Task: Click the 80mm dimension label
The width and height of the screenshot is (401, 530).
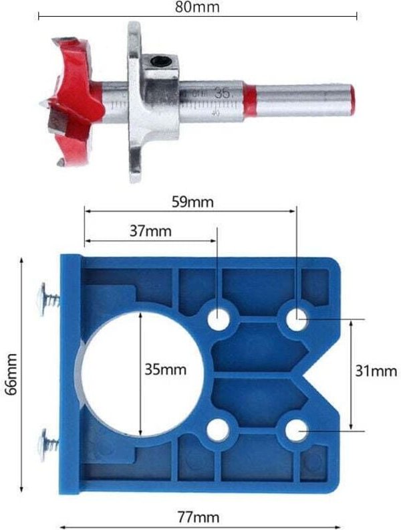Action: pos(200,7)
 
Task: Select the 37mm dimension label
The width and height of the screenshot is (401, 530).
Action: pos(150,231)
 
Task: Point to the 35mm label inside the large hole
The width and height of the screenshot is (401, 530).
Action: pos(165,369)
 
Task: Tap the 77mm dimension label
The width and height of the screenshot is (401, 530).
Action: pos(198,517)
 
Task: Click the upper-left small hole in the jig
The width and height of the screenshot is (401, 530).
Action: pos(218,320)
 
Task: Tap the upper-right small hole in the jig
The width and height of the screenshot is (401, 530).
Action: pos(296,319)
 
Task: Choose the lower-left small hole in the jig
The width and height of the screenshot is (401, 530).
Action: pos(218,430)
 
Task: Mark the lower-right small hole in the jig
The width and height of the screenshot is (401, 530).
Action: pos(296,430)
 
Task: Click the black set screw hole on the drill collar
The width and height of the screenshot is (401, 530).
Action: pos(162,62)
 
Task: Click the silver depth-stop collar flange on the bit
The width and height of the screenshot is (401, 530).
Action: pos(134,100)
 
